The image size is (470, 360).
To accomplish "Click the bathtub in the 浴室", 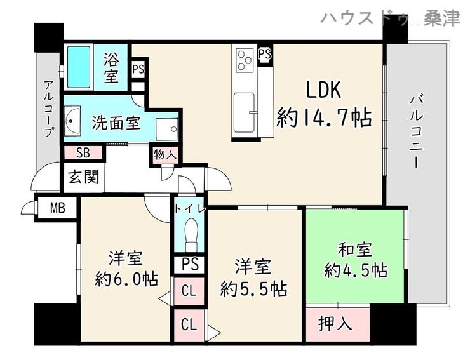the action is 79,67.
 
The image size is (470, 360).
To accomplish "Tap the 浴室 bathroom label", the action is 111,67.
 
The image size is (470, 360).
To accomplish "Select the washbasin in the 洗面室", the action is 72,121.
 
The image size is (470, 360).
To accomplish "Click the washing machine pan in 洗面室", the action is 167,129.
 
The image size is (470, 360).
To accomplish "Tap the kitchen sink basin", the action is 244,113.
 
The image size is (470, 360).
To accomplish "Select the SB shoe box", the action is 83,152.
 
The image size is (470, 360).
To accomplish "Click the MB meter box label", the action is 58,208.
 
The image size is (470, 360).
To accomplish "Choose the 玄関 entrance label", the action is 84,177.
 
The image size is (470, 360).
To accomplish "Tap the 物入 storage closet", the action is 165,155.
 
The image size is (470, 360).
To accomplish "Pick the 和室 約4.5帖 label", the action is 356,260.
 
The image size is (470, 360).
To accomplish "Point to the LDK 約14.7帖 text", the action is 324,103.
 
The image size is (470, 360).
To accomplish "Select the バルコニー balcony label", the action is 417,131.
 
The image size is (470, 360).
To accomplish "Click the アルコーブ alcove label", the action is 48,108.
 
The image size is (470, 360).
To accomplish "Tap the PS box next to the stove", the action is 265,55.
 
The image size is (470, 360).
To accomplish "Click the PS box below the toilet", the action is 190,264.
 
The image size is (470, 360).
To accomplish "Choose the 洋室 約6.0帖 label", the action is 126,269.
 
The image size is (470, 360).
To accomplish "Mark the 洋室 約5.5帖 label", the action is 253,277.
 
